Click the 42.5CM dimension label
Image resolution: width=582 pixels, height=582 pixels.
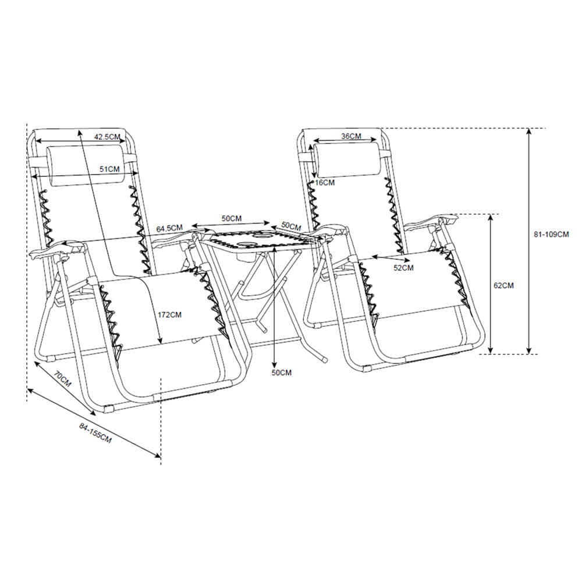[107, 137]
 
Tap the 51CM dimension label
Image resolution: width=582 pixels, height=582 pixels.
[109, 169]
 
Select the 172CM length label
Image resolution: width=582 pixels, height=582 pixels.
[169, 315]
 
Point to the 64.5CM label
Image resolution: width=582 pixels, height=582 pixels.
[169, 228]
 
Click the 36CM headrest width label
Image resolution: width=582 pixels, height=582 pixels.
[351, 136]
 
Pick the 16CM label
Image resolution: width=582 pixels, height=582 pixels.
[324, 183]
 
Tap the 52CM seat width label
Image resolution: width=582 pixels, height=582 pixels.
[403, 268]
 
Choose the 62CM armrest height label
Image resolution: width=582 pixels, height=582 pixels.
[503, 285]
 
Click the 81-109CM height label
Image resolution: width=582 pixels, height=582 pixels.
[551, 234]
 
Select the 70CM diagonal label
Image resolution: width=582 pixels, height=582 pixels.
[62, 379]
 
